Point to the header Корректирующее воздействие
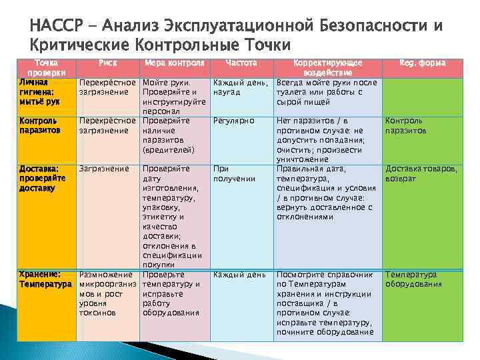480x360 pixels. (327, 67)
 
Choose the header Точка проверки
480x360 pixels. (45, 67)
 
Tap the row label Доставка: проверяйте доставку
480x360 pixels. (43, 179)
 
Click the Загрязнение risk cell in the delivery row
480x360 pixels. (104, 169)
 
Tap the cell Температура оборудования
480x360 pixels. (413, 279)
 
